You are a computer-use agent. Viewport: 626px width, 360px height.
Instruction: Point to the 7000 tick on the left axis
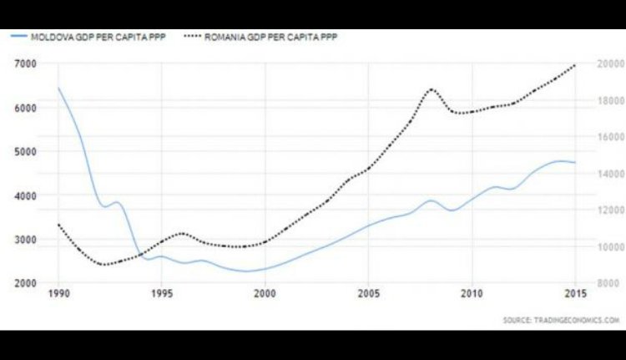coord(25,64)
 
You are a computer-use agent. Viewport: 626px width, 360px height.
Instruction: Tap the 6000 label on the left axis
coord(25,108)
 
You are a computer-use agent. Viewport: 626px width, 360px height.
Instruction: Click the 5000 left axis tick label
coord(25,152)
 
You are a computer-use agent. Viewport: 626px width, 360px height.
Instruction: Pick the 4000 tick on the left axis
coord(25,195)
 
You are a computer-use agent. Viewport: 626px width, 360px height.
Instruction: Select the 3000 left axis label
coord(25,240)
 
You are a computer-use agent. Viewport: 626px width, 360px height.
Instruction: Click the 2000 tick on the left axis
coord(25,283)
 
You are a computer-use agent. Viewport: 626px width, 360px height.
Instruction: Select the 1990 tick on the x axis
coord(58,294)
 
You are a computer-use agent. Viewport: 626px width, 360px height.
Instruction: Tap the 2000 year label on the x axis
coord(265,294)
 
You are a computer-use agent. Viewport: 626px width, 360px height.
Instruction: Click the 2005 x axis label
coord(369,294)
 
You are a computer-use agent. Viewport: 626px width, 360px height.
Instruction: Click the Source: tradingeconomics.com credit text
coord(562,320)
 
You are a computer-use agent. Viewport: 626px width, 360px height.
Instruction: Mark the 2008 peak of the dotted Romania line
coord(432,89)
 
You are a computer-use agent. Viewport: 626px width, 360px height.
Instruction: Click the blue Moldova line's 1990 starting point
coord(58,88)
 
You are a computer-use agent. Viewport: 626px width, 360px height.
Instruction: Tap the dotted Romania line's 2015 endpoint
coord(576,65)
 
